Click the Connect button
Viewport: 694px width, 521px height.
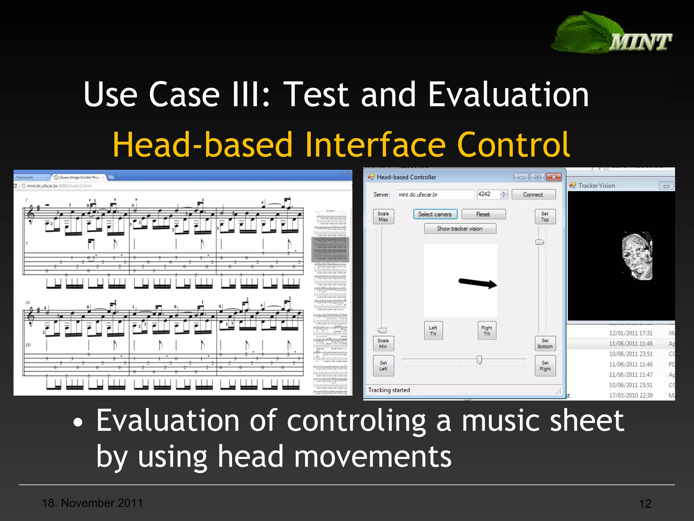(533, 194)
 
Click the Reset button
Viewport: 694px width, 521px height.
(483, 214)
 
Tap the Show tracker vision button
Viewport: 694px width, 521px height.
(460, 229)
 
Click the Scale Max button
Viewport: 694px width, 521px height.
(383, 216)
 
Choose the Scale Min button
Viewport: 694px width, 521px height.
(383, 344)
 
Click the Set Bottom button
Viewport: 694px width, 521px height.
(545, 344)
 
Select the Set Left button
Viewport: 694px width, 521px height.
(383, 366)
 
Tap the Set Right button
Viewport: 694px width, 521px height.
(545, 366)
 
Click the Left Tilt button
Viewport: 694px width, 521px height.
(433, 331)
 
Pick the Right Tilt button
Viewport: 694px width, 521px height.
(487, 331)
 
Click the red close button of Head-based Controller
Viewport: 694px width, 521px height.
(554, 177)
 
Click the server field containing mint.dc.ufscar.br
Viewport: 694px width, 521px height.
(435, 194)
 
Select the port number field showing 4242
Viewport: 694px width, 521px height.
(488, 194)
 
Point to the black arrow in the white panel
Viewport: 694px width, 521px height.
(477, 283)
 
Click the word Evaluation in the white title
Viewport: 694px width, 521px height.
(508, 95)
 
